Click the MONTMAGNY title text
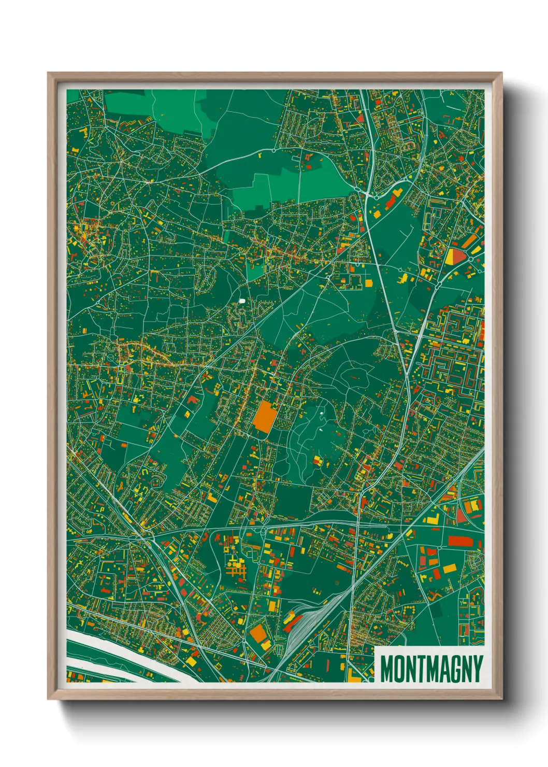[431, 669]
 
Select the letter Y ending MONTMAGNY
[478, 669]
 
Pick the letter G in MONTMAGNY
[454, 669]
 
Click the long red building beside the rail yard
[291, 618]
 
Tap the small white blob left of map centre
[242, 301]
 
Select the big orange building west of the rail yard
[257, 633]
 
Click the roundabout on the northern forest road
[273, 151]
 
